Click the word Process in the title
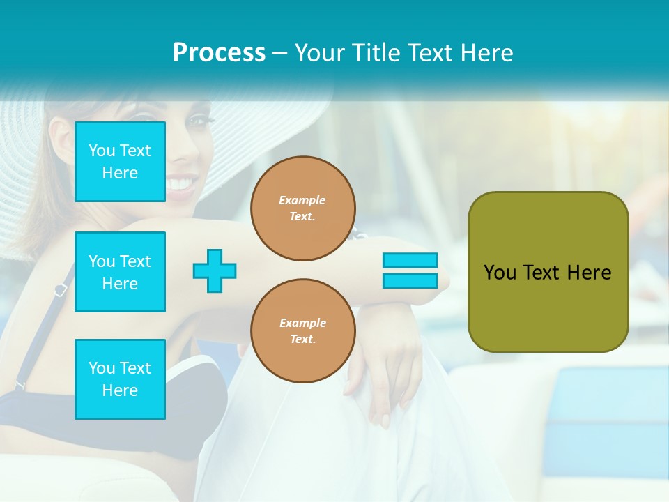[x=219, y=53]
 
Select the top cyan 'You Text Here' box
[x=120, y=162]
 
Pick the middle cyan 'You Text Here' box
[x=120, y=272]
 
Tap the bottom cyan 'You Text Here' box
[x=120, y=379]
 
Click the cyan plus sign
[x=215, y=271]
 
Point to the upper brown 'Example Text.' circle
[x=302, y=208]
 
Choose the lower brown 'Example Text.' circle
[x=302, y=331]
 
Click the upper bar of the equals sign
[x=410, y=260]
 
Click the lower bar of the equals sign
[x=410, y=281]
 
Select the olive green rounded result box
[x=548, y=272]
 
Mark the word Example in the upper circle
[x=302, y=200]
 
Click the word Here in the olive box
[x=589, y=273]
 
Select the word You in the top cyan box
[x=102, y=151]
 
